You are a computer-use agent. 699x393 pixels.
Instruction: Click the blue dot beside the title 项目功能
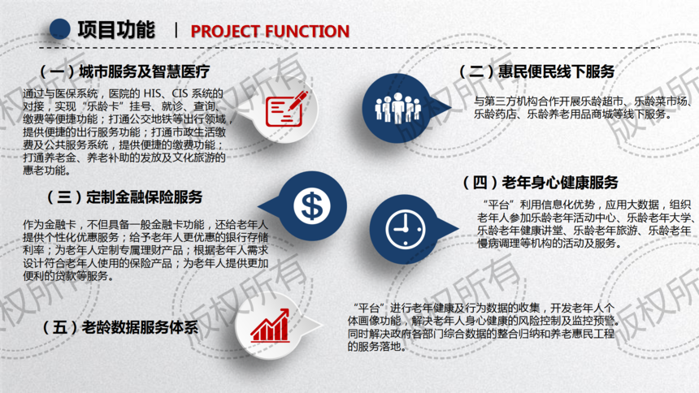(59, 29)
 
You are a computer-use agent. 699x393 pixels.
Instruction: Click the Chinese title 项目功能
(116, 30)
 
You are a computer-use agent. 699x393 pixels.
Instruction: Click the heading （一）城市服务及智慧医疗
(125, 71)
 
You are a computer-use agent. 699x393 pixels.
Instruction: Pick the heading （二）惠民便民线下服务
(536, 71)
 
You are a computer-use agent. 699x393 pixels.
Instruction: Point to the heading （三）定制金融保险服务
(125, 197)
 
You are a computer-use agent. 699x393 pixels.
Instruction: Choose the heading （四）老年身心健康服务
(541, 182)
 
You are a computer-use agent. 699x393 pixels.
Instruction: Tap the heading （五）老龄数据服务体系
(120, 327)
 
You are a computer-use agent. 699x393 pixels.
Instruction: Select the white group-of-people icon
(398, 108)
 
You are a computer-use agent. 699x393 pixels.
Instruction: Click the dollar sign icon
(311, 206)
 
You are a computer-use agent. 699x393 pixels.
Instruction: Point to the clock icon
(406, 229)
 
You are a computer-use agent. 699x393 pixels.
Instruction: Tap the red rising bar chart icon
(270, 326)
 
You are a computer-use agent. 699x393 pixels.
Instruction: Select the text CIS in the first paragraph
(180, 93)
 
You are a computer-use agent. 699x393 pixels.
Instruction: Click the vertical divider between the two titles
(176, 30)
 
